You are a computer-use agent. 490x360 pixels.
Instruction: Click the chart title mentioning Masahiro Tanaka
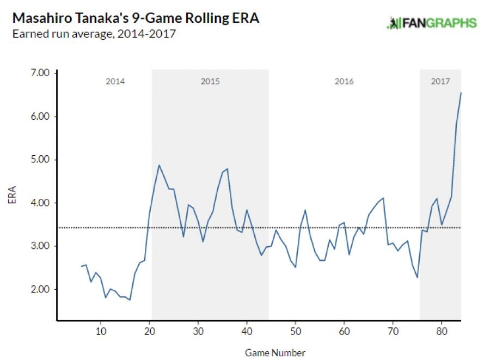pos(136,18)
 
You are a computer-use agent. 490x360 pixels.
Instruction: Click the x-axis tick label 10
pos(100,331)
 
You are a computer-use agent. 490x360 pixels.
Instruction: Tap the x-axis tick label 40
pos(247,331)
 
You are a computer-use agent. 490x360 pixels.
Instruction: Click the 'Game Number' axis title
pos(275,352)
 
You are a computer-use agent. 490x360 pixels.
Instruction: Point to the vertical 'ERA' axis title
pos(12,196)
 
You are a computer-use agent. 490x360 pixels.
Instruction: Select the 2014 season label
pos(115,82)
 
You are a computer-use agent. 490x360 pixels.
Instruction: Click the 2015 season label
pos(210,82)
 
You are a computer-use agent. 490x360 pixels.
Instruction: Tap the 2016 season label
pos(344,82)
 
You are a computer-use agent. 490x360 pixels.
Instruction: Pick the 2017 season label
pos(440,82)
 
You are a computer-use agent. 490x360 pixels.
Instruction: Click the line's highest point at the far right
pos(461,93)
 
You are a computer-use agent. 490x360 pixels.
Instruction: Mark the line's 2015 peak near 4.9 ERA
pos(159,165)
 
